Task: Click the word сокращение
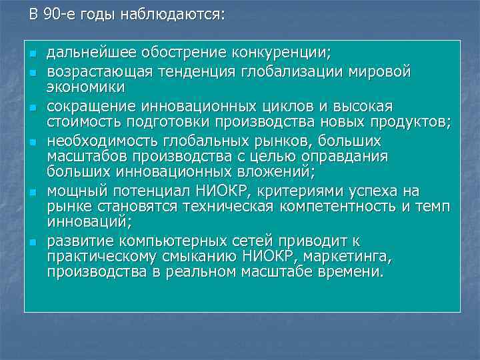(x=86, y=106)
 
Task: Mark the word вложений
(x=277, y=172)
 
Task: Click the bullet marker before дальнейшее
(x=31, y=53)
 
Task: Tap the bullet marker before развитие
(x=31, y=241)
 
